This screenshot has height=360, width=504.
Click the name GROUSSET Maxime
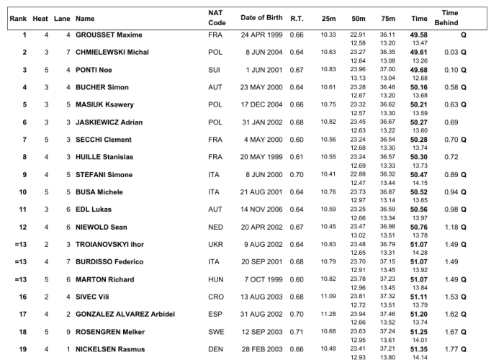[109, 35]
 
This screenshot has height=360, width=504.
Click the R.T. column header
[296, 17]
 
